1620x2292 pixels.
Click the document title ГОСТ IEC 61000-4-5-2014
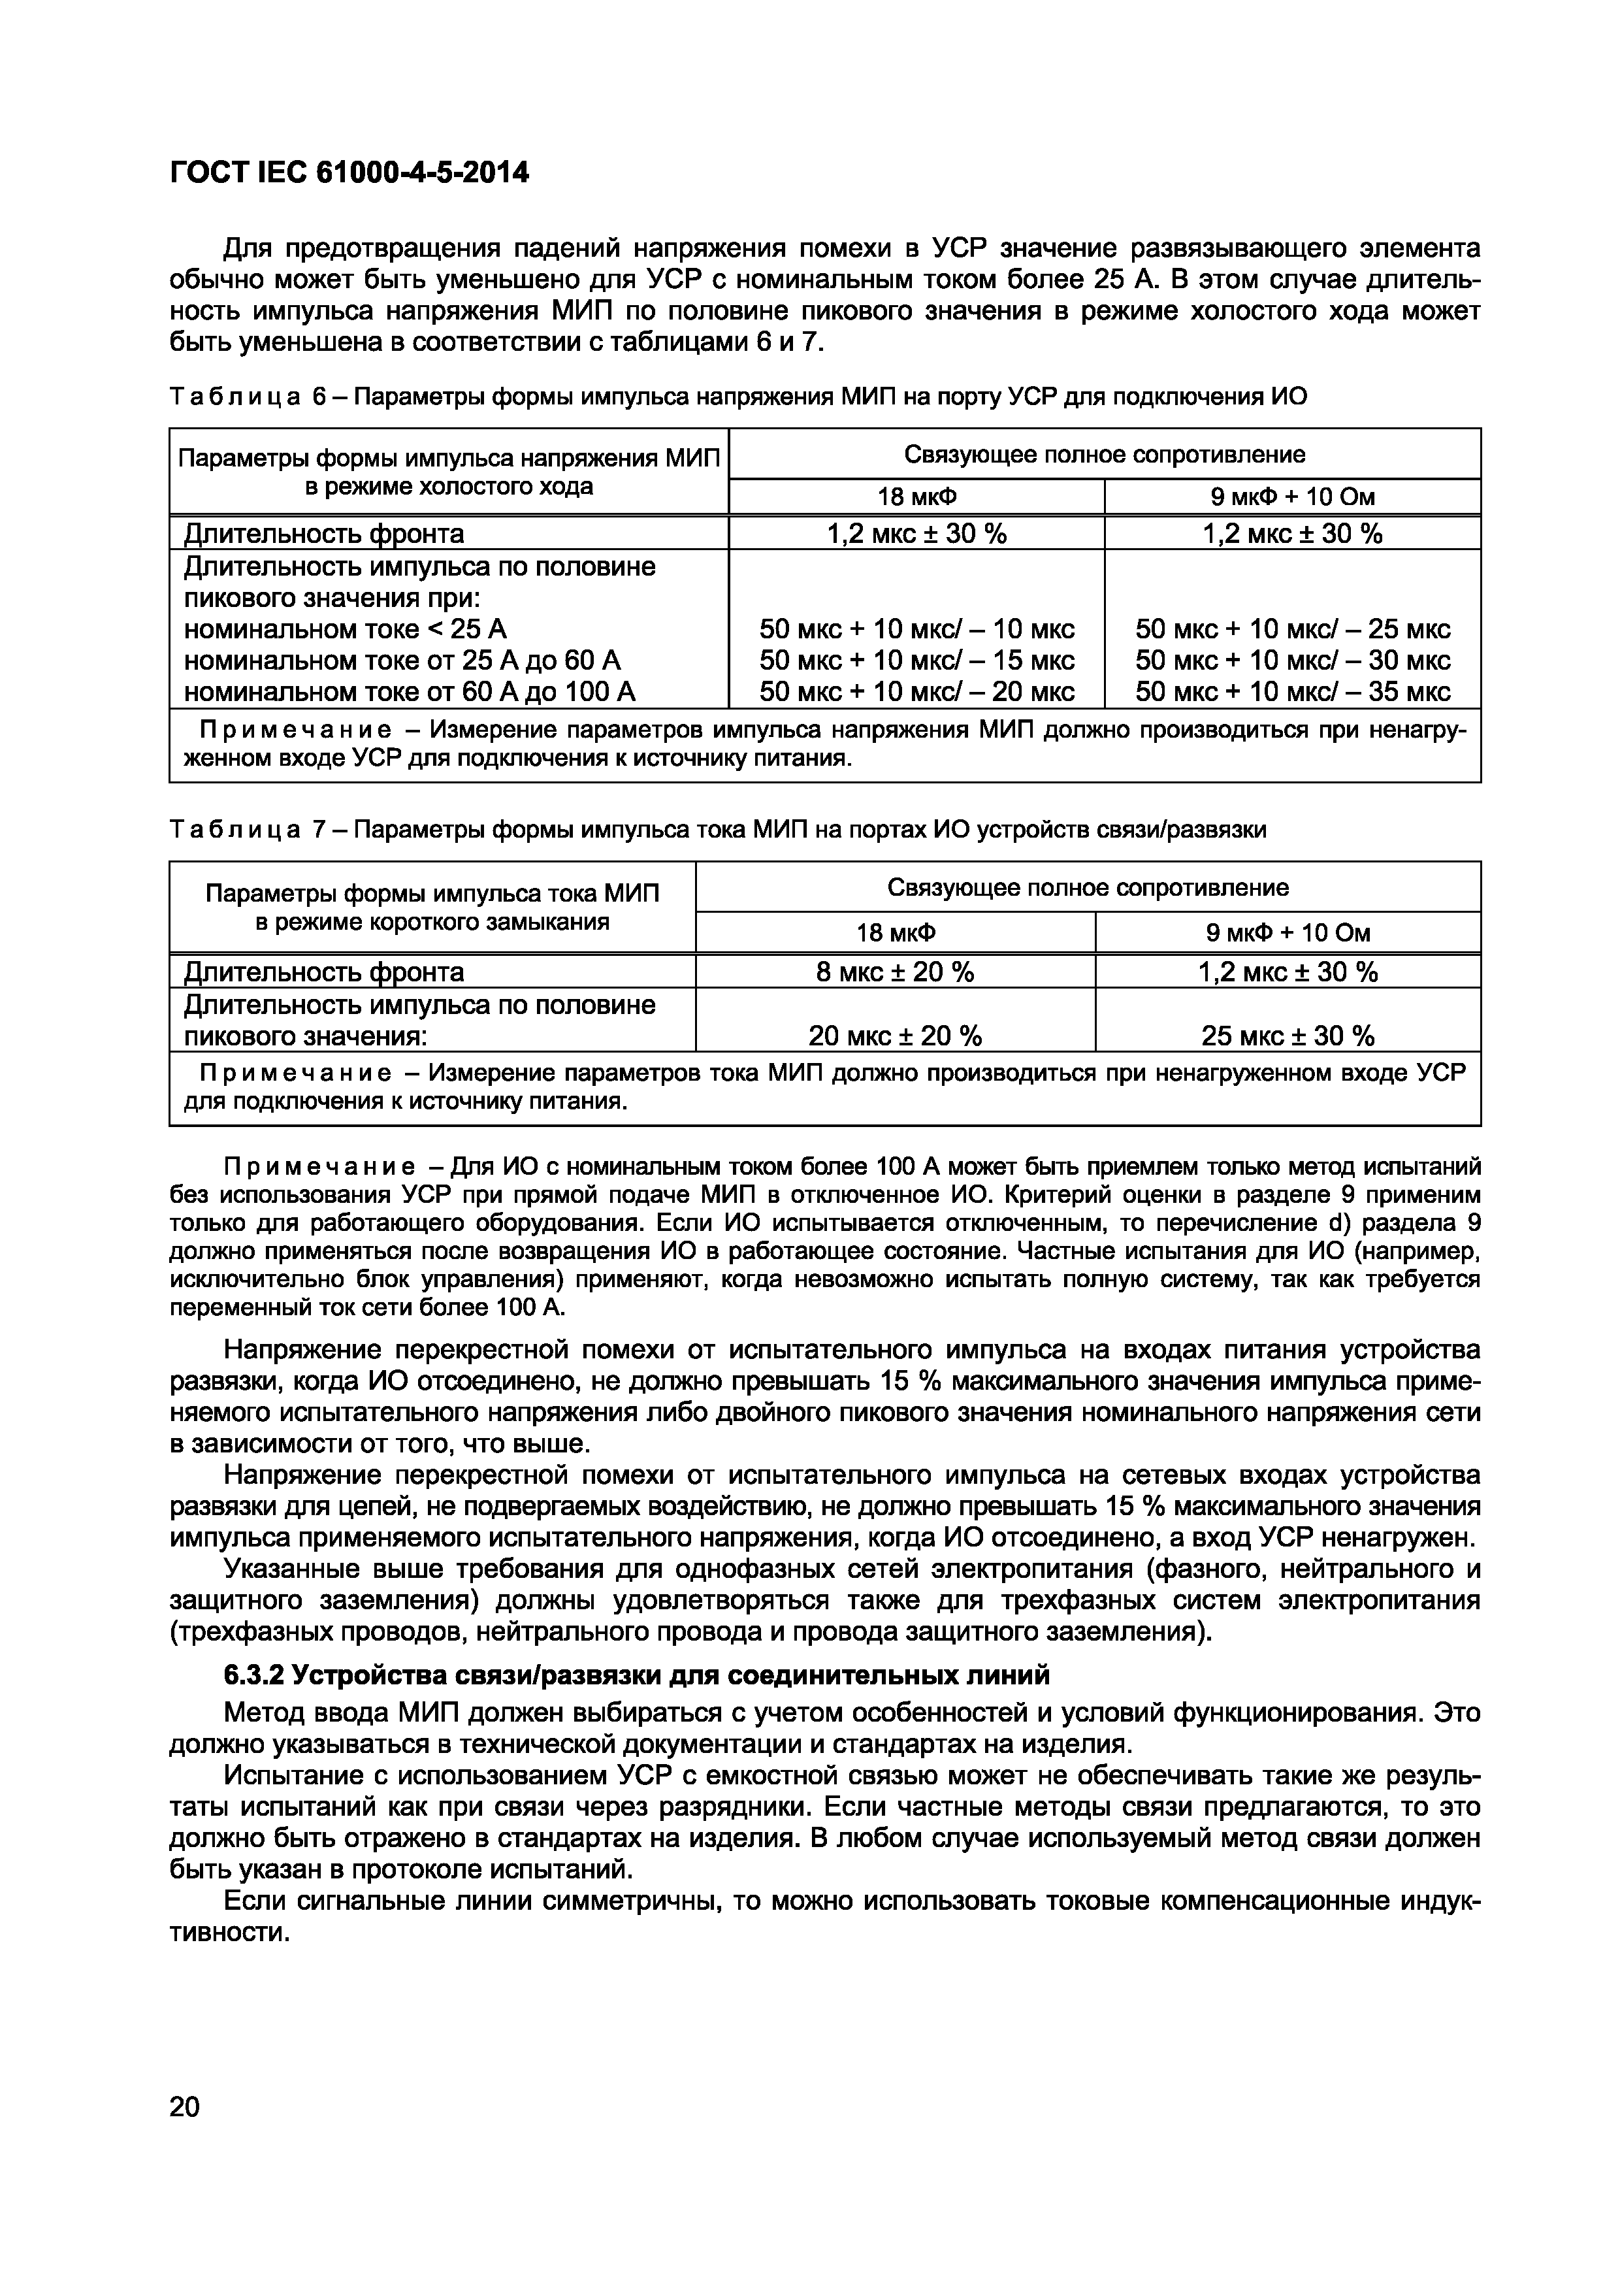(x=349, y=172)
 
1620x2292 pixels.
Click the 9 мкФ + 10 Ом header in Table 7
(x=1288, y=932)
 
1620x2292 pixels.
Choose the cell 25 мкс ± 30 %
(x=1288, y=1036)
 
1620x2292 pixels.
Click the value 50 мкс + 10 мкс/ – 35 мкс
(x=1293, y=692)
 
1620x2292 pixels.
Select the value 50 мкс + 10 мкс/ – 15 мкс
(x=916, y=661)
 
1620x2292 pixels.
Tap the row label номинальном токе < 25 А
(x=346, y=630)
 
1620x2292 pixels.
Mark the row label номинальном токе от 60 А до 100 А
(x=409, y=692)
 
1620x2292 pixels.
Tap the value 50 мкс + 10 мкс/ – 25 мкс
(x=1293, y=630)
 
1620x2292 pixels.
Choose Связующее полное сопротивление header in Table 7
(x=1088, y=887)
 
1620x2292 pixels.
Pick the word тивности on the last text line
(x=229, y=1933)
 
